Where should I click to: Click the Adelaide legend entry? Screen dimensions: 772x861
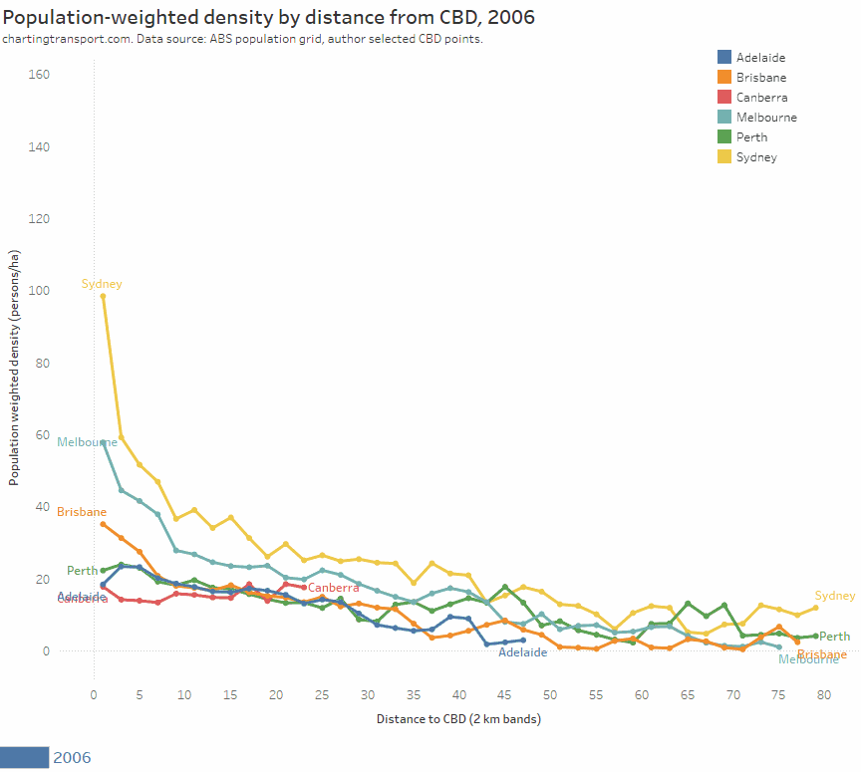click(x=760, y=58)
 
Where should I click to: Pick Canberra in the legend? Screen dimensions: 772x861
click(x=761, y=98)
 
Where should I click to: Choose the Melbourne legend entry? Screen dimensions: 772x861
click(x=765, y=118)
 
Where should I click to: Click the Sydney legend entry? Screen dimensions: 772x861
click(x=756, y=157)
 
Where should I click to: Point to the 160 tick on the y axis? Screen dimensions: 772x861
click(x=40, y=75)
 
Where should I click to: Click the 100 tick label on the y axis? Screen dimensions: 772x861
click(x=40, y=291)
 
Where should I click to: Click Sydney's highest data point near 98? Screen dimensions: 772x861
click(x=103, y=296)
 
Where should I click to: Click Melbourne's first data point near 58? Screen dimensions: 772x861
click(x=103, y=442)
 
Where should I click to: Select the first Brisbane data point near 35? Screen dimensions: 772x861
click(x=103, y=524)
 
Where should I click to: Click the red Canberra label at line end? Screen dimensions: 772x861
click(x=333, y=588)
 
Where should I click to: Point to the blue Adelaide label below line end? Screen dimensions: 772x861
click(x=522, y=652)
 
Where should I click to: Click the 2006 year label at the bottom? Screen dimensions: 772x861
click(x=71, y=758)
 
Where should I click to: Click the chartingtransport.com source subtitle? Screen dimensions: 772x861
click(x=242, y=39)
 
